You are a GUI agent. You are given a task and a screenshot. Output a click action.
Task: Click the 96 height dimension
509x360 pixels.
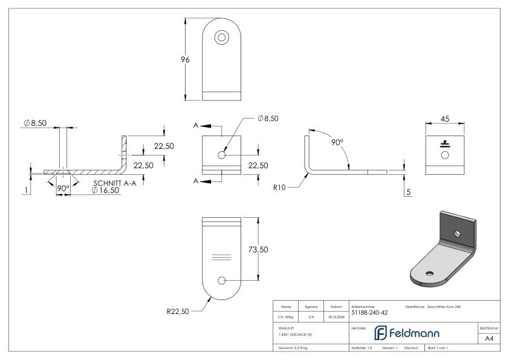coord(186,60)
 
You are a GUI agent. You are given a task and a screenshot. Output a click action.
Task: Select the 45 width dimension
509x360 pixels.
coord(445,119)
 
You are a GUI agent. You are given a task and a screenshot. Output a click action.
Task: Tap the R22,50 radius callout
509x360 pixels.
coord(178,312)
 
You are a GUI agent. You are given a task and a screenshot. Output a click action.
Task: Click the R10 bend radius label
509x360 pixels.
coord(280,188)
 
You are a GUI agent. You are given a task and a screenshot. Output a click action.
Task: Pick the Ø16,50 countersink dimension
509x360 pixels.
coord(105,190)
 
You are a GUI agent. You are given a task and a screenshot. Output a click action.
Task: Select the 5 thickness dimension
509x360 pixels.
coord(409,192)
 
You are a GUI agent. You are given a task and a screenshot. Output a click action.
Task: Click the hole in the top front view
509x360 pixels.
coord(222,38)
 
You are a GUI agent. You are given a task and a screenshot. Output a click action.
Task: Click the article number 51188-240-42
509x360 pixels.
coord(369,312)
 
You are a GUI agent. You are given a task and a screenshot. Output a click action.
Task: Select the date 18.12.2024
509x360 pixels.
coord(336,316)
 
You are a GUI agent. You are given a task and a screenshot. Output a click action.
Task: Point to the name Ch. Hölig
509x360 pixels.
coord(287,316)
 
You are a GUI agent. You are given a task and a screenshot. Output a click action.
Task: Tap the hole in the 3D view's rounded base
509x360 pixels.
coord(430,273)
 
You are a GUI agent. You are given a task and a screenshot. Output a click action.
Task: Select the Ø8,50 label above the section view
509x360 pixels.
coord(34,123)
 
